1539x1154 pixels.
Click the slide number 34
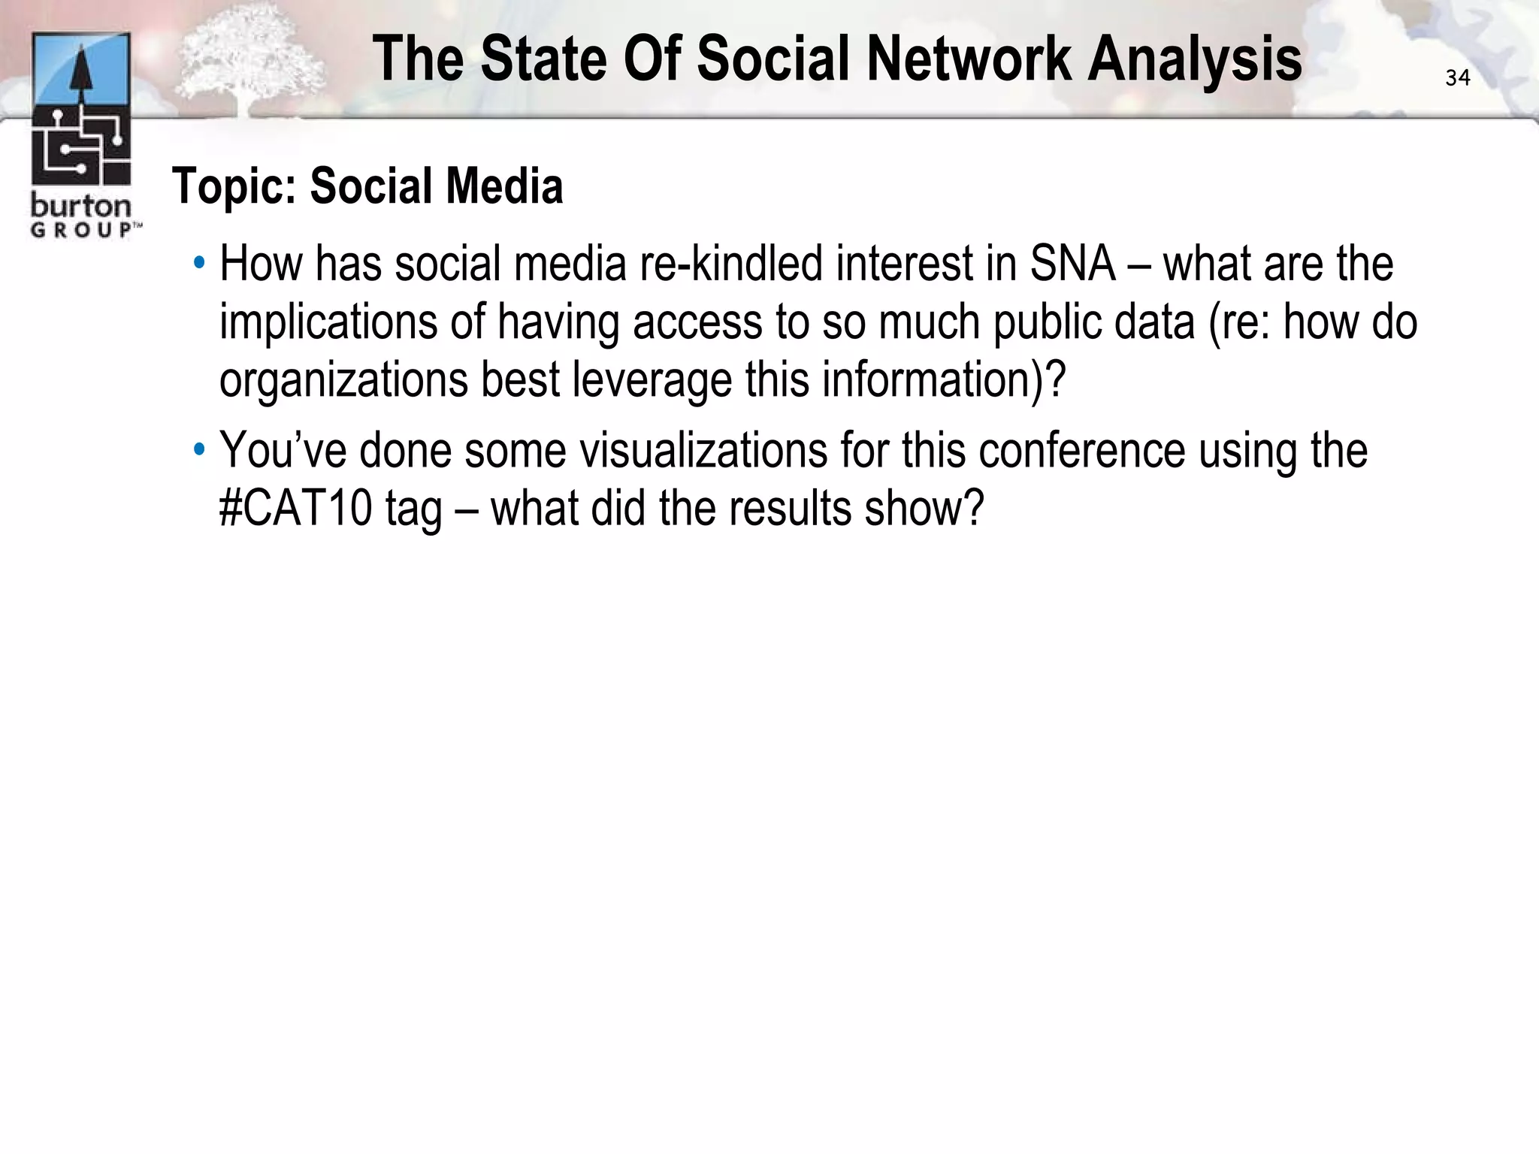(1457, 78)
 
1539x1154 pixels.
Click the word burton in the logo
(80, 206)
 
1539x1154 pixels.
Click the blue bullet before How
(199, 264)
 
